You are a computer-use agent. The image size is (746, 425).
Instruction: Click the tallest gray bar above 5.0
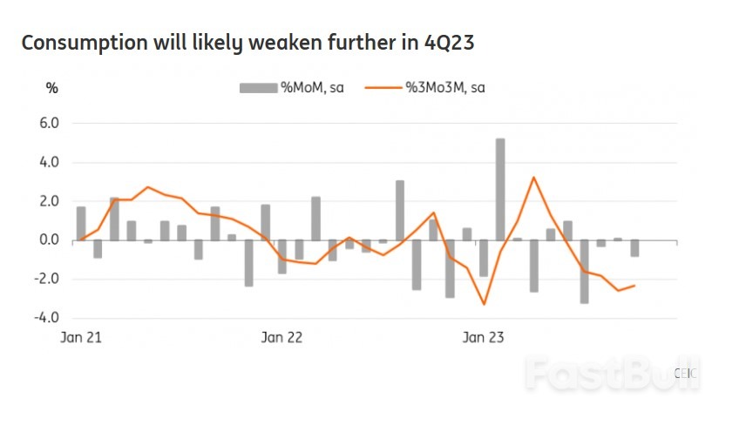pos(500,189)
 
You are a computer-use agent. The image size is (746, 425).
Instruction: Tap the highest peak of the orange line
pos(533,178)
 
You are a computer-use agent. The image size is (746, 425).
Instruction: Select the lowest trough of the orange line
pos(484,304)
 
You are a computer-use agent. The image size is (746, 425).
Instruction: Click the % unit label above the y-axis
pos(51,88)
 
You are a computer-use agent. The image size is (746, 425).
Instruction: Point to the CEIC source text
pos(686,372)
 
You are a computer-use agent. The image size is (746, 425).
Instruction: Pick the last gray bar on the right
pos(634,248)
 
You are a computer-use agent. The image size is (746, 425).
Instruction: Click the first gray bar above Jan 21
pos(81,223)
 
